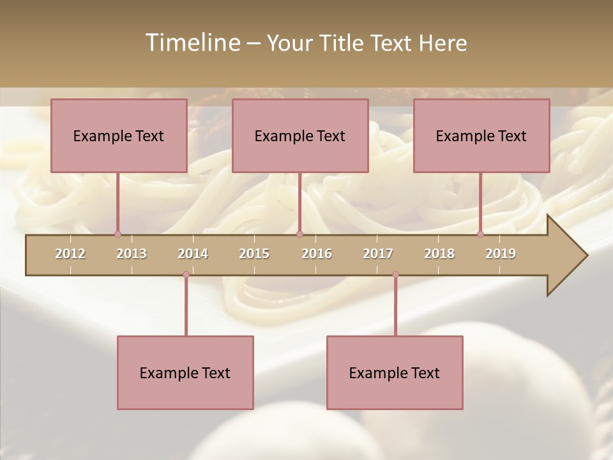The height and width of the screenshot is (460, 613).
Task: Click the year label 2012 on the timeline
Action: (70, 254)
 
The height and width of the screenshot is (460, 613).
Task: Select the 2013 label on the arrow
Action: (132, 254)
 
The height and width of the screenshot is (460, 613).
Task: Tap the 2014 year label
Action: (193, 254)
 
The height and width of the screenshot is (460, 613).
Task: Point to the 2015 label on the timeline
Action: (254, 254)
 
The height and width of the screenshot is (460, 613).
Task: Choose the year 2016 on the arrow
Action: (317, 254)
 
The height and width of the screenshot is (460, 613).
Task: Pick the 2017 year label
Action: (378, 254)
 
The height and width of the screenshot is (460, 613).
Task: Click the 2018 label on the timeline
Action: (439, 254)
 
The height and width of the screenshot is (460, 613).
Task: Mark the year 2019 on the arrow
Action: (501, 254)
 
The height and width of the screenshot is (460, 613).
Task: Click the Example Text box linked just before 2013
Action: (119, 135)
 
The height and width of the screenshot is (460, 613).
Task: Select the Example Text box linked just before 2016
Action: (300, 135)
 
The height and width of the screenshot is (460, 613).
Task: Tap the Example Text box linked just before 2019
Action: (481, 135)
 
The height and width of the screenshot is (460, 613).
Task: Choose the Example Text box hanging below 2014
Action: (185, 372)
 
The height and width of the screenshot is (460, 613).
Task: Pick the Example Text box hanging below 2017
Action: (395, 372)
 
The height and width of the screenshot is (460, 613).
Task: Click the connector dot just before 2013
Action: (117, 234)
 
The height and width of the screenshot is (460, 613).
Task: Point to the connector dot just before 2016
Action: (299, 234)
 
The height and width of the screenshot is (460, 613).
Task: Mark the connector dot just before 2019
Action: (480, 234)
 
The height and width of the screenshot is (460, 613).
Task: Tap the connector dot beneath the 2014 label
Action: (186, 275)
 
